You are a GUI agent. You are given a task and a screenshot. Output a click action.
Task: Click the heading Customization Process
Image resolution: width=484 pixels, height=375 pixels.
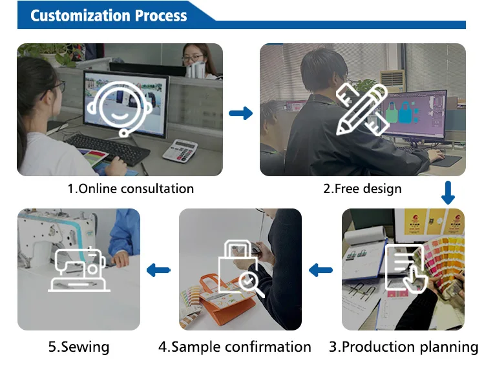tap(109, 15)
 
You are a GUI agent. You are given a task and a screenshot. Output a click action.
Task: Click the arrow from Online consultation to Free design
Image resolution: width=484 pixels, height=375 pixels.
tap(241, 114)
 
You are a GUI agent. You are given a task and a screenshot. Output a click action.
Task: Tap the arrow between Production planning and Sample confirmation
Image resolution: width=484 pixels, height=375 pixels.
tap(321, 270)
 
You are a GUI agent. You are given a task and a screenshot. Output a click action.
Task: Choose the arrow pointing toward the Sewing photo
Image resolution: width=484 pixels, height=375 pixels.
tap(159, 270)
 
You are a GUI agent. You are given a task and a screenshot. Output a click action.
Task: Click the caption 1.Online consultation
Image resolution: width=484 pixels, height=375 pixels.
tap(131, 189)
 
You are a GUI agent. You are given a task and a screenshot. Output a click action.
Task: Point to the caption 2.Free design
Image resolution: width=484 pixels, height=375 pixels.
tap(363, 189)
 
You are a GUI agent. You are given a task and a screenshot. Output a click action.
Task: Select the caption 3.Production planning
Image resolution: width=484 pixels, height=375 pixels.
tap(403, 347)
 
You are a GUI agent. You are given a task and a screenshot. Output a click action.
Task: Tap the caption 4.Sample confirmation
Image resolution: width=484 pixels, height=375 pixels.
tap(235, 347)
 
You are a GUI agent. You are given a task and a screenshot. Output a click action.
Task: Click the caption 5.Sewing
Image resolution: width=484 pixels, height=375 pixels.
tap(79, 347)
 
